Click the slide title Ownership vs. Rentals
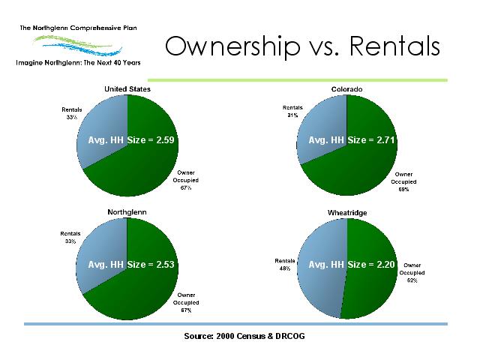pos(302,46)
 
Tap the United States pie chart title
pos(127,89)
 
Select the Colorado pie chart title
pos(346,89)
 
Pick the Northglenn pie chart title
pos(127,212)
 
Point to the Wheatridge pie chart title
pos(347,213)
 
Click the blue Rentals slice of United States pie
pos(104,128)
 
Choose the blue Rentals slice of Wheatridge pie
pos(322,269)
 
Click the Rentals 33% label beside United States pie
pos(72,113)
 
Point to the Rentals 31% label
pos(292,112)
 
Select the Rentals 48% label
pos(285,265)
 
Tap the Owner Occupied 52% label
pos(412,273)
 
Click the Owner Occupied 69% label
pos(403,181)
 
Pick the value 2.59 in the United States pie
pos(165,140)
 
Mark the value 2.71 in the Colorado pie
pos(385,140)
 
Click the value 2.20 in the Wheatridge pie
pos(385,265)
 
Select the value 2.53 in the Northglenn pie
pos(165,265)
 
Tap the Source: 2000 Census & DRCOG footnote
pos(244,336)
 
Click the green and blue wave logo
pos(78,45)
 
